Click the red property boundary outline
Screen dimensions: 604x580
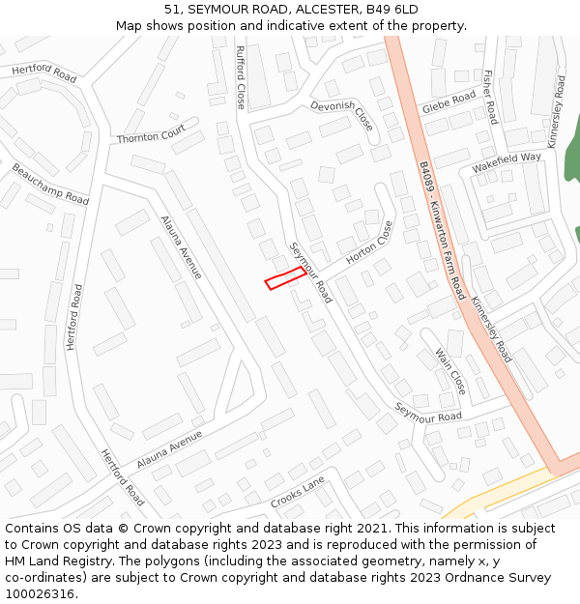point(286,278)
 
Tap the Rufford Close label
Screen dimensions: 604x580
point(241,76)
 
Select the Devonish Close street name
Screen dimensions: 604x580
point(342,115)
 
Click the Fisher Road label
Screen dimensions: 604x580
point(489,98)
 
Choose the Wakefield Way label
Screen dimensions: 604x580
point(507,162)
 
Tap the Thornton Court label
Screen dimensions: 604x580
point(151,137)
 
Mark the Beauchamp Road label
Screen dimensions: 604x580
point(50,184)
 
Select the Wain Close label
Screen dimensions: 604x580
point(450,372)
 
